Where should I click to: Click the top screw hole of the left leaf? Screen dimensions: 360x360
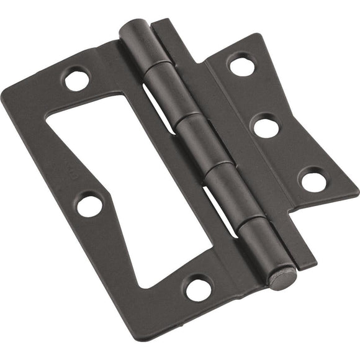click(x=78, y=79)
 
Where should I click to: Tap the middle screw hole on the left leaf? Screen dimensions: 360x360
click(x=90, y=205)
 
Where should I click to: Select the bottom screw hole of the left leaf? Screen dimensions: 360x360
click(x=199, y=288)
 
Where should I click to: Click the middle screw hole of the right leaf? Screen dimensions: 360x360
click(x=266, y=127)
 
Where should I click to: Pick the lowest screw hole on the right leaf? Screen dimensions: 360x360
click(x=313, y=181)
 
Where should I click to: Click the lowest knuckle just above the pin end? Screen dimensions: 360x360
click(x=258, y=240)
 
